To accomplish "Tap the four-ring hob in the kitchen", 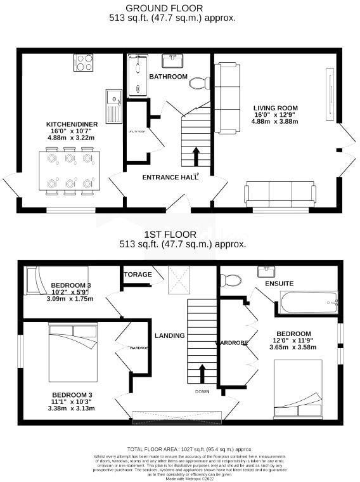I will point(85,62).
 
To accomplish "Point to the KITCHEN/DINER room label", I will point(70,124).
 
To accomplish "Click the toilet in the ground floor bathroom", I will point(200,82).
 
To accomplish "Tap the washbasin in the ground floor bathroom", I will point(171,61).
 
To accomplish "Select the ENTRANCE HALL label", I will point(169,177).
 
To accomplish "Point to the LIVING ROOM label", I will point(275,108).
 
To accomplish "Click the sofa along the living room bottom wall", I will point(280,192).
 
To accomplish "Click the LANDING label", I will point(170,335).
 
